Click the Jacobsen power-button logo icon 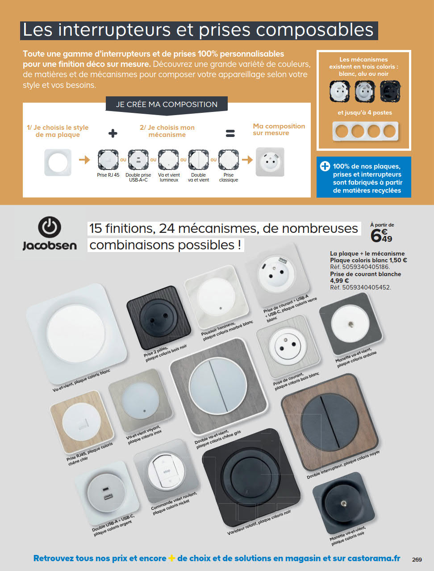pyautogui.click(x=50, y=227)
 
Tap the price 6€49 pyautogui.click(x=381, y=236)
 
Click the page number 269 pyautogui.click(x=417, y=559)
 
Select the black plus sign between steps pyautogui.click(x=113, y=133)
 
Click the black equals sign pyautogui.click(x=230, y=133)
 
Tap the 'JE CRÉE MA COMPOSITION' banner pyautogui.click(x=167, y=104)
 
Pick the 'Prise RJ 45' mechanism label pyautogui.click(x=108, y=175)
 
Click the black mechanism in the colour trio pyautogui.click(x=390, y=91)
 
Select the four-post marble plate pyautogui.click(x=366, y=131)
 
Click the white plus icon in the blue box pyautogui.click(x=325, y=166)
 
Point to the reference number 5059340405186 pyautogui.click(x=366, y=267)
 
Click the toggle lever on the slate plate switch pyautogui.click(x=351, y=324)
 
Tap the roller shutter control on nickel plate pyautogui.click(x=167, y=472)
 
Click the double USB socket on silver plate pyautogui.click(x=106, y=492)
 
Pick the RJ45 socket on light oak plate pyautogui.click(x=82, y=422)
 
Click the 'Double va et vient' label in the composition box pyautogui.click(x=198, y=178)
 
